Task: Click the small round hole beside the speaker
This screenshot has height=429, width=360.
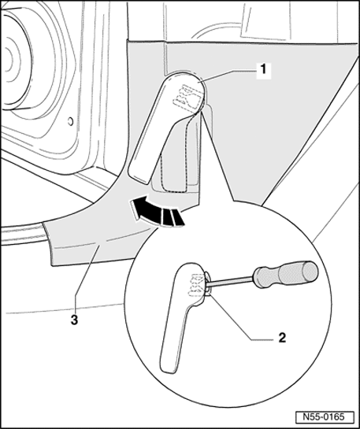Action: point(72,122)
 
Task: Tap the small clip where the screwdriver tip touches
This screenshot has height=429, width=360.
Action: point(208,284)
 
